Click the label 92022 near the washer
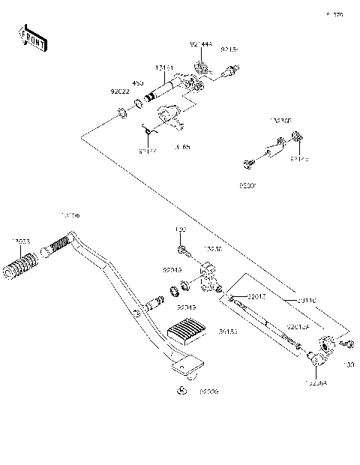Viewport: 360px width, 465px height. click(x=121, y=94)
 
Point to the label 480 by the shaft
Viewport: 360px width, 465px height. click(x=138, y=83)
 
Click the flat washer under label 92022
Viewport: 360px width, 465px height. click(x=120, y=115)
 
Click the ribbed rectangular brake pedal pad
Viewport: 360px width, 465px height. click(x=187, y=330)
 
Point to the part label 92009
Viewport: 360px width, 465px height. click(x=208, y=391)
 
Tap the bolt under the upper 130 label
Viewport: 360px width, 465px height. click(x=182, y=249)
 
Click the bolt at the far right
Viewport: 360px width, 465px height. click(x=347, y=344)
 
